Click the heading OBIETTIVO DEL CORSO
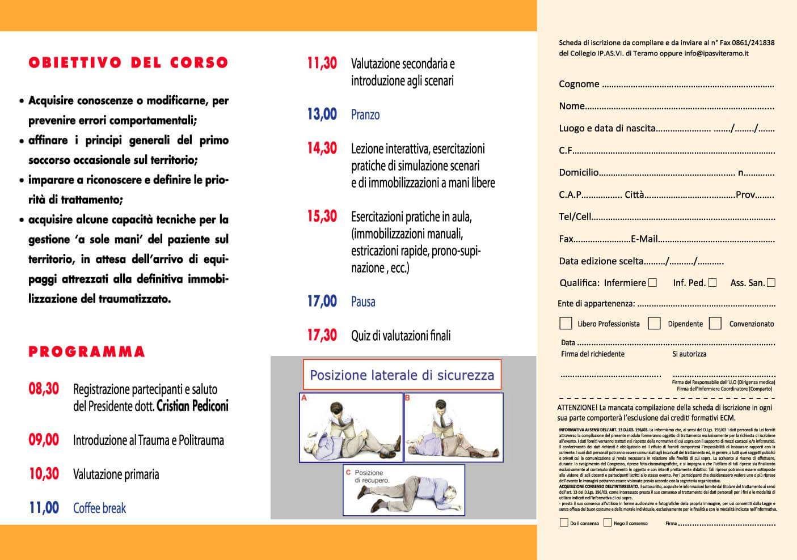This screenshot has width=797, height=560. tap(128, 62)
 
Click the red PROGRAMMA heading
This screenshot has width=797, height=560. tap(87, 351)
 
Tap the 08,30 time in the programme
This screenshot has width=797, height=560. tap(44, 389)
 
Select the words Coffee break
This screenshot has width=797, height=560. tap(99, 508)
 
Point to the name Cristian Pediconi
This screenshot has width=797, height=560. tap(192, 406)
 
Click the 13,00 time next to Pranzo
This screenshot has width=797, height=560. tap(322, 114)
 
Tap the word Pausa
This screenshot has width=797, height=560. tap(363, 302)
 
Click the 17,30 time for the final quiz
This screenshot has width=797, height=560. tap(322, 335)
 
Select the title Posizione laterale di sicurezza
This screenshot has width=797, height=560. tap(402, 375)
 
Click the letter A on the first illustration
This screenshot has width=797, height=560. tap(304, 398)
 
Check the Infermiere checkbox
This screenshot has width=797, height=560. tap(653, 282)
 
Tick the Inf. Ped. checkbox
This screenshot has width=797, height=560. tap(712, 282)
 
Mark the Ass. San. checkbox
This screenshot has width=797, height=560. tap(771, 282)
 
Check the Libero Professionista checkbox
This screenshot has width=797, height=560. tap(566, 323)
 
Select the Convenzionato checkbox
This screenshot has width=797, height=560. tap(715, 323)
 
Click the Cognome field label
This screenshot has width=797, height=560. tap(579, 84)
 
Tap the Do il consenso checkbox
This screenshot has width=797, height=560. tap(564, 523)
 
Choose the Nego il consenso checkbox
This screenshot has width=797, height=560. tap(608, 523)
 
